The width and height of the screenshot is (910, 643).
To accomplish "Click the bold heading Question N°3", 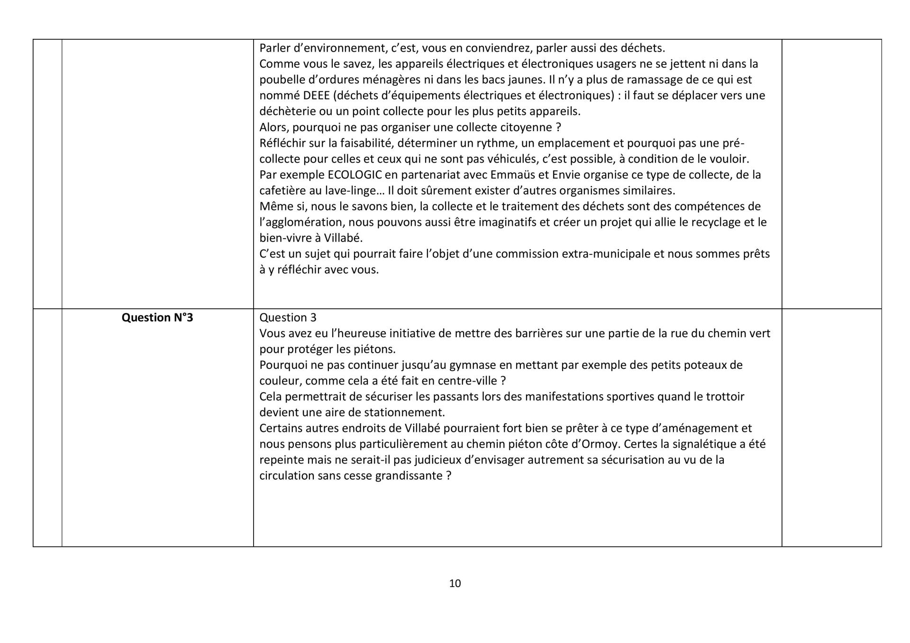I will (x=157, y=318).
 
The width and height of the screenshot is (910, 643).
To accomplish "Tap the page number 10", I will (x=455, y=583).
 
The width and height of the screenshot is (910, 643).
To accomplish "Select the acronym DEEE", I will (x=317, y=96).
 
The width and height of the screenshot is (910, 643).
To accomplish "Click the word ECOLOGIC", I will (x=355, y=175).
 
